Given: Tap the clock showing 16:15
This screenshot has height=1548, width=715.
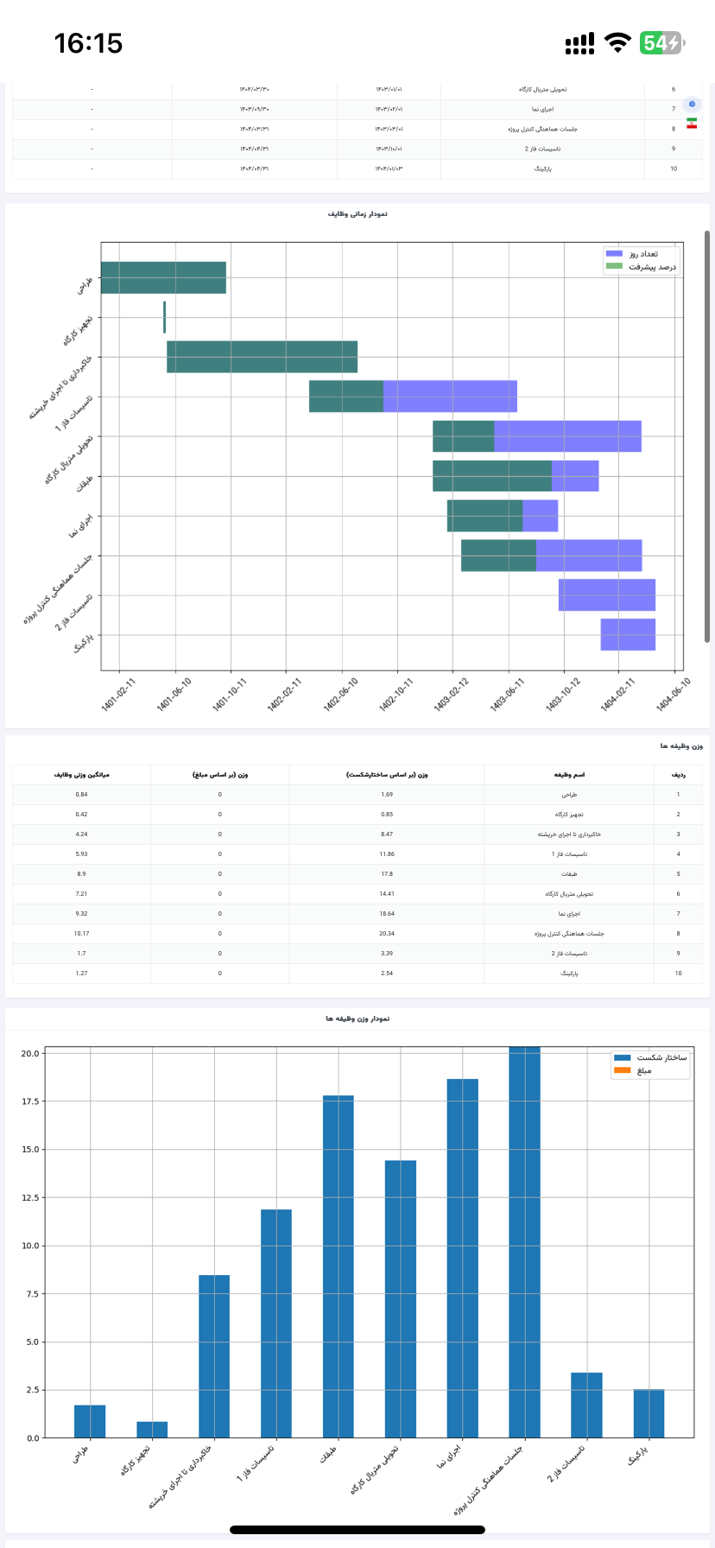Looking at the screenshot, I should click(x=88, y=43).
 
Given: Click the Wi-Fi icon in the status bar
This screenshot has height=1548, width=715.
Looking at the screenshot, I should click(x=617, y=43).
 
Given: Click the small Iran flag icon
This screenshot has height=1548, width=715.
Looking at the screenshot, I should click(x=692, y=124).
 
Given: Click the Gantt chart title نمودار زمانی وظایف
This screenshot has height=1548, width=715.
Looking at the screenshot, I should click(x=357, y=213).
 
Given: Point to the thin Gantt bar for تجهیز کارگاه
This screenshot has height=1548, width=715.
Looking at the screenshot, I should click(x=164, y=317).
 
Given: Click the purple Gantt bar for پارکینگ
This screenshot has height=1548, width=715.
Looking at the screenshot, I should click(x=628, y=634).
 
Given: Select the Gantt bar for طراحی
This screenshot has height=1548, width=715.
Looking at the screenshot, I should click(x=163, y=277).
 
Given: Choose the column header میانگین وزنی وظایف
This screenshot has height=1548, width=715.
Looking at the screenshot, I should click(x=81, y=775).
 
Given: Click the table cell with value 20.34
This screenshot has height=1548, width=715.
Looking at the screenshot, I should click(x=387, y=933).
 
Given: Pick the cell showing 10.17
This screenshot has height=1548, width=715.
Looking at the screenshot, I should click(x=81, y=933).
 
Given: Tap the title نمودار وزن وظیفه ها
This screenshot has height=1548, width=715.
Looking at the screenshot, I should click(x=357, y=1018).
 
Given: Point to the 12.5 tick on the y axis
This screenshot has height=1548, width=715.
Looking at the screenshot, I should click(x=31, y=1197).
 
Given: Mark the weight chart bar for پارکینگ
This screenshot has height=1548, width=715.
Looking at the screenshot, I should click(x=649, y=1413).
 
